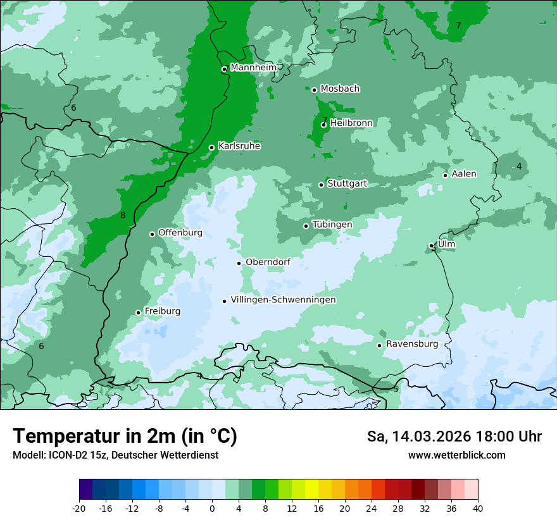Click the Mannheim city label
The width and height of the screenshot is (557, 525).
253,67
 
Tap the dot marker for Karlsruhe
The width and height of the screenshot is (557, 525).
212,148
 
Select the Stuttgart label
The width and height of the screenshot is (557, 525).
347,183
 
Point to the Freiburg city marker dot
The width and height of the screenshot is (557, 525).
138,312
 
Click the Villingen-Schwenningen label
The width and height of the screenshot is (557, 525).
283,300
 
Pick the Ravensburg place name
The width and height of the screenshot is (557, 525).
411,344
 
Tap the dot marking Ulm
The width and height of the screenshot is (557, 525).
432,245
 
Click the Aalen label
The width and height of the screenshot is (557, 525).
464,174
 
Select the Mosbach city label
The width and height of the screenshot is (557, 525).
340,89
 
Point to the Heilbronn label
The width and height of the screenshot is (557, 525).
351,123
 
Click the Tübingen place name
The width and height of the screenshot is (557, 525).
332,225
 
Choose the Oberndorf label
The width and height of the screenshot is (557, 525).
268,262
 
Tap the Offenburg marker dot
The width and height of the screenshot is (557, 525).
152,234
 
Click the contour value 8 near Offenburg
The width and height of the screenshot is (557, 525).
123,216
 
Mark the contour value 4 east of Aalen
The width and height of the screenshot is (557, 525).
519,166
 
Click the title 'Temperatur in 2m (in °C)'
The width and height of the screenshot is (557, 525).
125,436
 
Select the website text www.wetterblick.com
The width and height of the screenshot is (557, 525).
456,455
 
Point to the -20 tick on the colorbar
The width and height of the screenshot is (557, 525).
79,508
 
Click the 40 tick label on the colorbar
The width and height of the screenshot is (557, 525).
478,508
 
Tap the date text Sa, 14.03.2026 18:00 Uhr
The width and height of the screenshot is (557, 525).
454,436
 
